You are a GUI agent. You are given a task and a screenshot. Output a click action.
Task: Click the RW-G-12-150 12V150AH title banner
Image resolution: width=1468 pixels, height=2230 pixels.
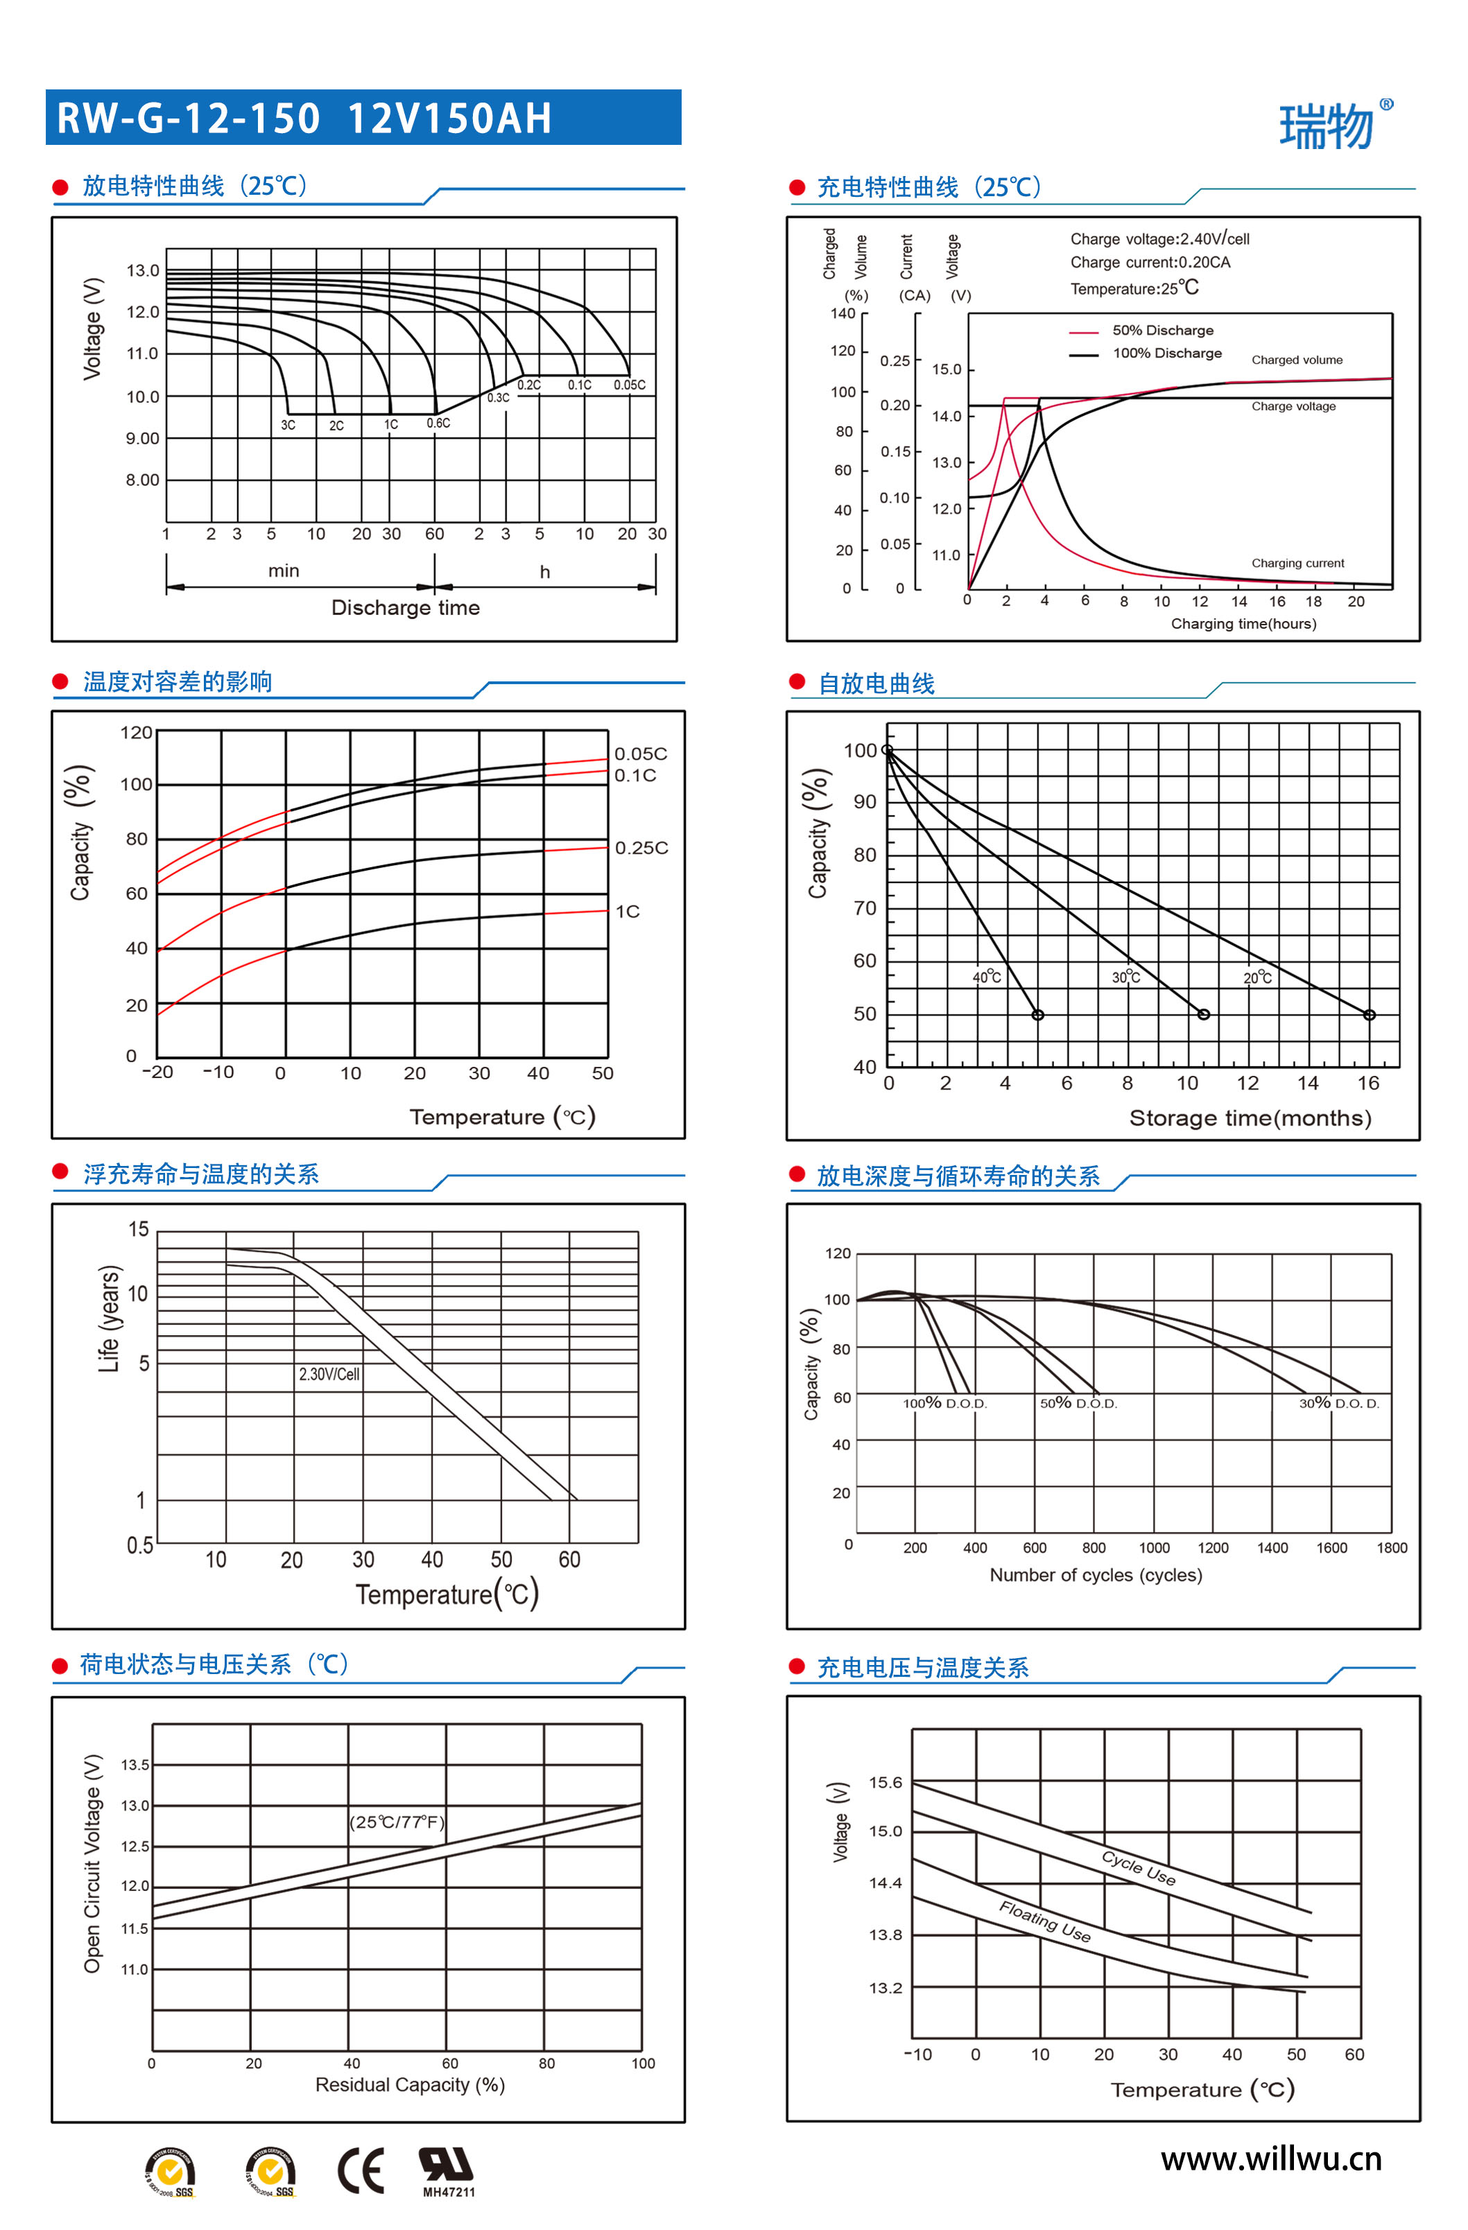[363, 118]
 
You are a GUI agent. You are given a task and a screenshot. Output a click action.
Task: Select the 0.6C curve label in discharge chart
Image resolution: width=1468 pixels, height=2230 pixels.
[438, 424]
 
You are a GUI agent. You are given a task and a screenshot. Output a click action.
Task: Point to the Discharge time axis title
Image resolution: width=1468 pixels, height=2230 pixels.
[405, 608]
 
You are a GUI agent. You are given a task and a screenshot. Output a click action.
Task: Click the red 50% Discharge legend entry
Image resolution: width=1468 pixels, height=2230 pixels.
[1162, 331]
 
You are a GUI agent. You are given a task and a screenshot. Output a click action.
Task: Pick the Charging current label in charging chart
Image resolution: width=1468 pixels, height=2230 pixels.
[1297, 563]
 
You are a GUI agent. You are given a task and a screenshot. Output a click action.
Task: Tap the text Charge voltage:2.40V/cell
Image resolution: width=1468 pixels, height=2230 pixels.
[1159, 239]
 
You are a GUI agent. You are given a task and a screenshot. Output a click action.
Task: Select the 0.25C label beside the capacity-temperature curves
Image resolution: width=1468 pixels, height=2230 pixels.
[641, 848]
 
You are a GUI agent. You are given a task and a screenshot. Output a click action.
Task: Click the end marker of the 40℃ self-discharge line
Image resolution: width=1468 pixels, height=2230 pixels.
[1037, 1015]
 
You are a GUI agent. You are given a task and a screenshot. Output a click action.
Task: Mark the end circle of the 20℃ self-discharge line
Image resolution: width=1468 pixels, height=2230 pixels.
[1369, 1015]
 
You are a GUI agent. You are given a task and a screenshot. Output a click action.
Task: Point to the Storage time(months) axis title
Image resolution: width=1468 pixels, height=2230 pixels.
[1250, 1118]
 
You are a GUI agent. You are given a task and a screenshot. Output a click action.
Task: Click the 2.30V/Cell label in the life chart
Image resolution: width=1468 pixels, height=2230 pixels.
[329, 1375]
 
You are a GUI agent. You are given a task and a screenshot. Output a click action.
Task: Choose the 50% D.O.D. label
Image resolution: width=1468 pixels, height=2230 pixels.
[1078, 1404]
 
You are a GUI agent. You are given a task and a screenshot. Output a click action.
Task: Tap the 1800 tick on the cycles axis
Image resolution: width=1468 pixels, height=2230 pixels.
[1391, 1548]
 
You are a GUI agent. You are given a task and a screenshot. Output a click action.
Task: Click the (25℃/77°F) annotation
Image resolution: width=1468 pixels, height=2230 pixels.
[397, 1822]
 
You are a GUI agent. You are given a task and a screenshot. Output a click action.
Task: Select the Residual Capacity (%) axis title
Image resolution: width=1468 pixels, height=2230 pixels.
[410, 2084]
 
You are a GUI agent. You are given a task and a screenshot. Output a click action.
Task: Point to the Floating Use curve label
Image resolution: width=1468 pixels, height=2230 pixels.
[1044, 1922]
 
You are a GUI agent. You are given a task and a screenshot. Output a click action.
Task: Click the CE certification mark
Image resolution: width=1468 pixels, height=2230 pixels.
[361, 2171]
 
